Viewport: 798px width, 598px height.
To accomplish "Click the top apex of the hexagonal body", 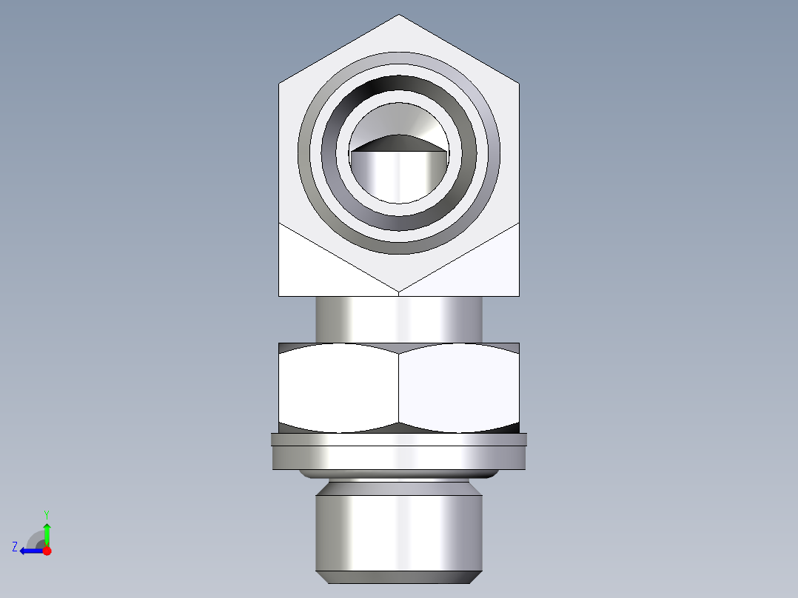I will (399, 15).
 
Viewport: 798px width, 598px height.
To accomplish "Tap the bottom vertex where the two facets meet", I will (399, 292).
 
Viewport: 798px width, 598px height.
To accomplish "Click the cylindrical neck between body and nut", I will (399, 319).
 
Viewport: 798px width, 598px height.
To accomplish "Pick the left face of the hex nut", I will (338, 387).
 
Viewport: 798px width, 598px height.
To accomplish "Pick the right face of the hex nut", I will (459, 387).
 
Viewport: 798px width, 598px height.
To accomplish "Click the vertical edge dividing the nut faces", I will (399, 387).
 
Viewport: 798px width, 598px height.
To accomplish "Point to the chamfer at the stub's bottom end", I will (399, 577).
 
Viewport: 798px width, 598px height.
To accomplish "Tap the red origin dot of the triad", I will (47, 551).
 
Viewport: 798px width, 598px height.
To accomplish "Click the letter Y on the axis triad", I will (46, 514).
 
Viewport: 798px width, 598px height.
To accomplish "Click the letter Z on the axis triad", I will (15, 547).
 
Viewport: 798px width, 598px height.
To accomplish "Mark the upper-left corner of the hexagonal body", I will (279, 83).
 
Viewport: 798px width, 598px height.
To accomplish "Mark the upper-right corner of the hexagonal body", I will (519, 83).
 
